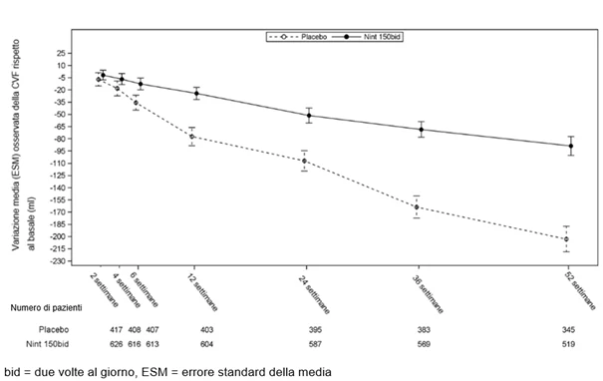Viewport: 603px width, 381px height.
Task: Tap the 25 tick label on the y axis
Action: pyautogui.click(x=62, y=53)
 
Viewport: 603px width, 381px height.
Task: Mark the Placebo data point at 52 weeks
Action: pyautogui.click(x=566, y=239)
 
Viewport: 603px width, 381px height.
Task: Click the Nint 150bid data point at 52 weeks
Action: pyautogui.click(x=571, y=146)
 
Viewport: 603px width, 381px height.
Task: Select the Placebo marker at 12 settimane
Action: pyautogui.click(x=192, y=137)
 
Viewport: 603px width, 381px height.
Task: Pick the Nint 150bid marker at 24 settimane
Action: pyautogui.click(x=309, y=116)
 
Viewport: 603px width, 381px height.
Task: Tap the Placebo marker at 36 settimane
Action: pyautogui.click(x=417, y=207)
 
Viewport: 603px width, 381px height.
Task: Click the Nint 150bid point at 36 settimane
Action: pyautogui.click(x=421, y=130)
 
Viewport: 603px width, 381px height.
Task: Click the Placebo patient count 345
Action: pyautogui.click(x=568, y=330)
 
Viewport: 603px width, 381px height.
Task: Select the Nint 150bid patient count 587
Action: pyautogui.click(x=315, y=344)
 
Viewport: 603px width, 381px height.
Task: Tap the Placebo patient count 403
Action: pyautogui.click(x=206, y=330)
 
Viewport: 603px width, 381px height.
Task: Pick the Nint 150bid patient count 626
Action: pyautogui.click(x=117, y=344)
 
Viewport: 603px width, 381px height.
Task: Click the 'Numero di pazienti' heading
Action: pyautogui.click(x=46, y=308)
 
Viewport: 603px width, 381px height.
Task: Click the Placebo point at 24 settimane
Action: pyautogui.click(x=304, y=161)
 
